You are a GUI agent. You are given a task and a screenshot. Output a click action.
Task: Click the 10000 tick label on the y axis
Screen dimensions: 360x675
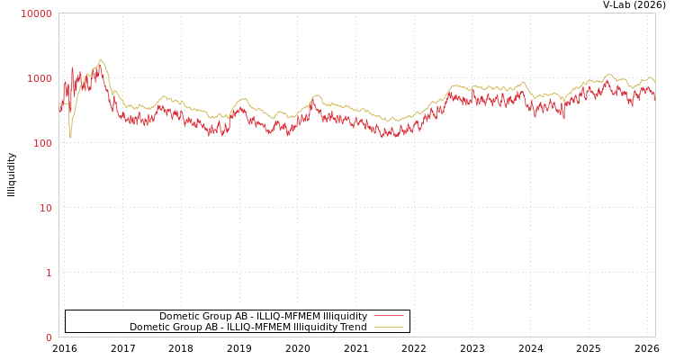[x=37, y=13]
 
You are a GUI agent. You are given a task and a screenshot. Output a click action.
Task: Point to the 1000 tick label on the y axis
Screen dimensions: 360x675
[x=40, y=78]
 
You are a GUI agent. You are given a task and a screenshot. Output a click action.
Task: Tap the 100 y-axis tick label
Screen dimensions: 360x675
[x=42, y=143]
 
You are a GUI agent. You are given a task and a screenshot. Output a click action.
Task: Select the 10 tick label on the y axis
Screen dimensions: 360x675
[x=45, y=208]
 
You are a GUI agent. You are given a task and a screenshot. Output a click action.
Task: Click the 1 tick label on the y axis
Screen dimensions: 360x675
[x=49, y=273]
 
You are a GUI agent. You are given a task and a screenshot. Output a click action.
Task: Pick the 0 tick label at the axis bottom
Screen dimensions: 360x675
[x=49, y=337]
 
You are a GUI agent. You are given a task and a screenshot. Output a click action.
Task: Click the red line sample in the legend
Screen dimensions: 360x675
[x=388, y=316]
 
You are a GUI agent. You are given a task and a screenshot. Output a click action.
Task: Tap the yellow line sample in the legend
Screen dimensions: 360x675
[x=388, y=328]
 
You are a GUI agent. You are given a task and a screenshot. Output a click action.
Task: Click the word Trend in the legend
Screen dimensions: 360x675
[x=353, y=328]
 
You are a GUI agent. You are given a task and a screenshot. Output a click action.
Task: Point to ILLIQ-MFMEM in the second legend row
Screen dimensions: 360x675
[x=243, y=328]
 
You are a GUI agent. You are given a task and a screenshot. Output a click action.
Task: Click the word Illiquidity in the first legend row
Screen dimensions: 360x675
[x=345, y=316]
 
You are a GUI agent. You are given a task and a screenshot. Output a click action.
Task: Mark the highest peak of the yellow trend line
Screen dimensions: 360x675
[x=100, y=60]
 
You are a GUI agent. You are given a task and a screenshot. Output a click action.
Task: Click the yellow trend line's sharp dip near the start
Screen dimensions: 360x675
[x=70, y=137]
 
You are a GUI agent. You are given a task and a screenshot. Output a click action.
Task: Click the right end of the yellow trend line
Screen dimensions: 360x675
[x=654, y=81]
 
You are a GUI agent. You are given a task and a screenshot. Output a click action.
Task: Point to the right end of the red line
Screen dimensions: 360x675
[x=654, y=95]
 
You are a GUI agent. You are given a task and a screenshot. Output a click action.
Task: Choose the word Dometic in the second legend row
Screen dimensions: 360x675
[x=149, y=328]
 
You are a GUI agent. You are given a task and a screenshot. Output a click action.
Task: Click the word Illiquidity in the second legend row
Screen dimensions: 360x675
[x=315, y=328]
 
